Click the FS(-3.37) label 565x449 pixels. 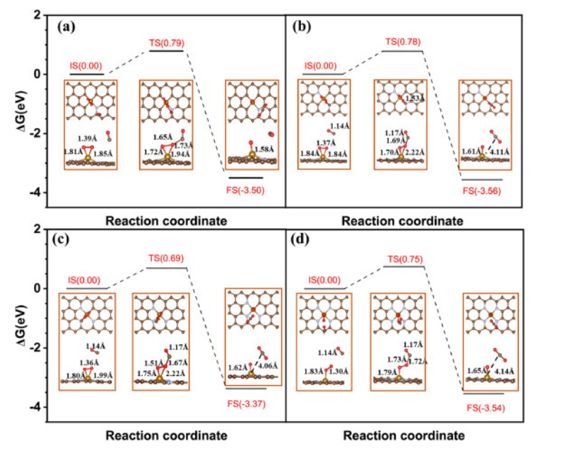click(x=246, y=398)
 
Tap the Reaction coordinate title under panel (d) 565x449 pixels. click(x=403, y=435)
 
